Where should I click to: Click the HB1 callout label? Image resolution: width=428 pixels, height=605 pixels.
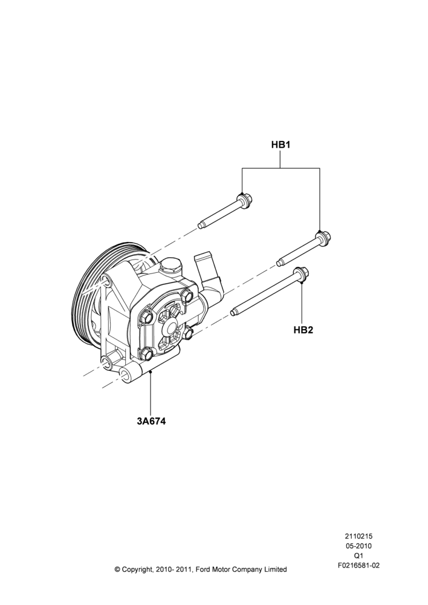(x=280, y=145)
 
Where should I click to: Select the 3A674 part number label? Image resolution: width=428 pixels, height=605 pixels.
(x=151, y=421)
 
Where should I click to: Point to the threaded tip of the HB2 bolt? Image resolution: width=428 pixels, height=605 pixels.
(x=234, y=312)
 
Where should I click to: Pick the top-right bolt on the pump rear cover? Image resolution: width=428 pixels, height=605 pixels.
(x=187, y=296)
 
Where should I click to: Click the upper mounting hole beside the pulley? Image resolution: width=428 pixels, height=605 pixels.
(x=105, y=281)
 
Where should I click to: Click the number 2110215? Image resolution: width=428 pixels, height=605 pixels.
(x=358, y=536)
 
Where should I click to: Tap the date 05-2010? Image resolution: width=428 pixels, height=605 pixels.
(x=358, y=546)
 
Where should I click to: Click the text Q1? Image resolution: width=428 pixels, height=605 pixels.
(x=358, y=556)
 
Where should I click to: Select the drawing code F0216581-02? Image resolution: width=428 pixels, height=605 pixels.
(x=358, y=566)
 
